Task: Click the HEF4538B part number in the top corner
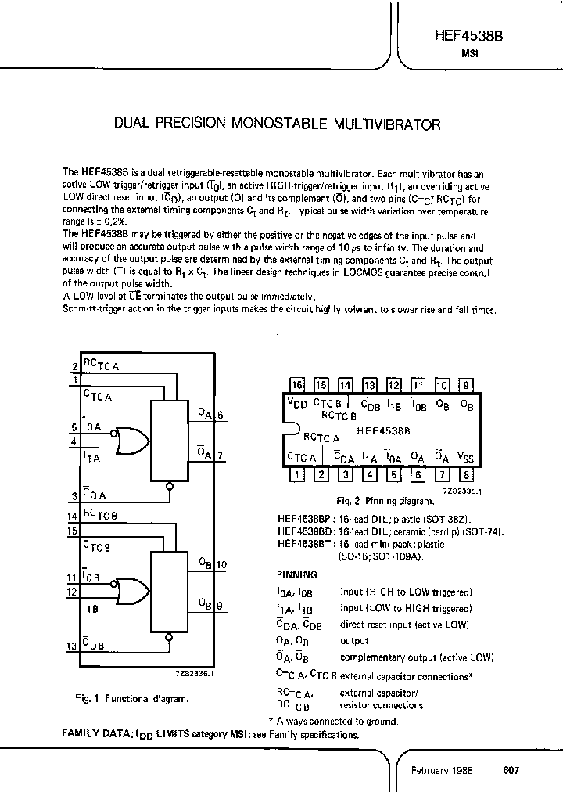click(469, 36)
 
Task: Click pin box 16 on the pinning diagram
click(296, 385)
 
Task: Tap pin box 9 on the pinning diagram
click(466, 385)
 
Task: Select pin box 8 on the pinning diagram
click(466, 473)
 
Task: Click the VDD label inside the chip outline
click(297, 403)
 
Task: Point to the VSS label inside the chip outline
click(464, 456)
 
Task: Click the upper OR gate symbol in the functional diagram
click(130, 441)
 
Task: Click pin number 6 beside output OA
click(221, 416)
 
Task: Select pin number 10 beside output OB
click(222, 564)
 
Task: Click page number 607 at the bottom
click(511, 770)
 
